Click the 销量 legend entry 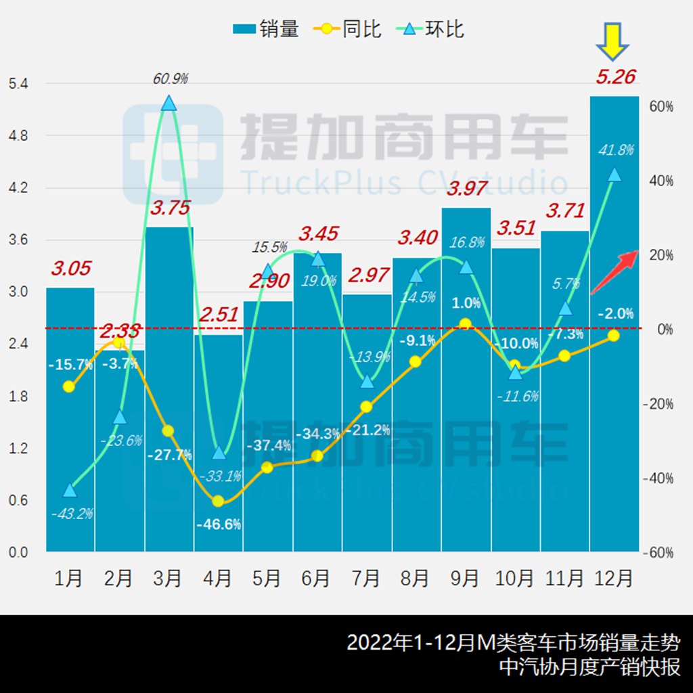[265, 29]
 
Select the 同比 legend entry [348, 29]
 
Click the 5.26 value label [615, 76]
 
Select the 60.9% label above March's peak [170, 79]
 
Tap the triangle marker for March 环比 [169, 103]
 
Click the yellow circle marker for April [218, 501]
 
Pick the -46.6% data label [218, 524]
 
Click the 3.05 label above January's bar [70, 268]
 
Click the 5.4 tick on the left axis [18, 84]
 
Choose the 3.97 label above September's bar [467, 189]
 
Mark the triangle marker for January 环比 [70, 490]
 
